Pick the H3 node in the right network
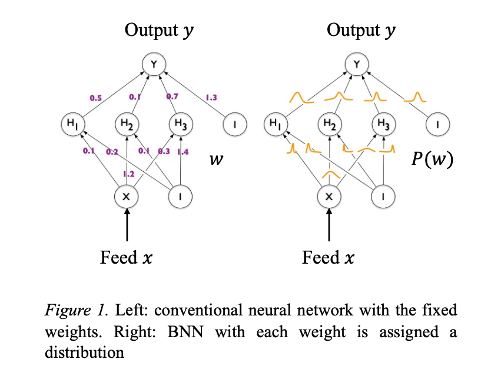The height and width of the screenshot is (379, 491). (383, 124)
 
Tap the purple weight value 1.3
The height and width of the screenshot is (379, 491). (211, 97)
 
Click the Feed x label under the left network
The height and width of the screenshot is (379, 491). (127, 257)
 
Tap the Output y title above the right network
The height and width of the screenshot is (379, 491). (361, 30)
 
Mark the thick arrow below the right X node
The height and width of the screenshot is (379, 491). (329, 227)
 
